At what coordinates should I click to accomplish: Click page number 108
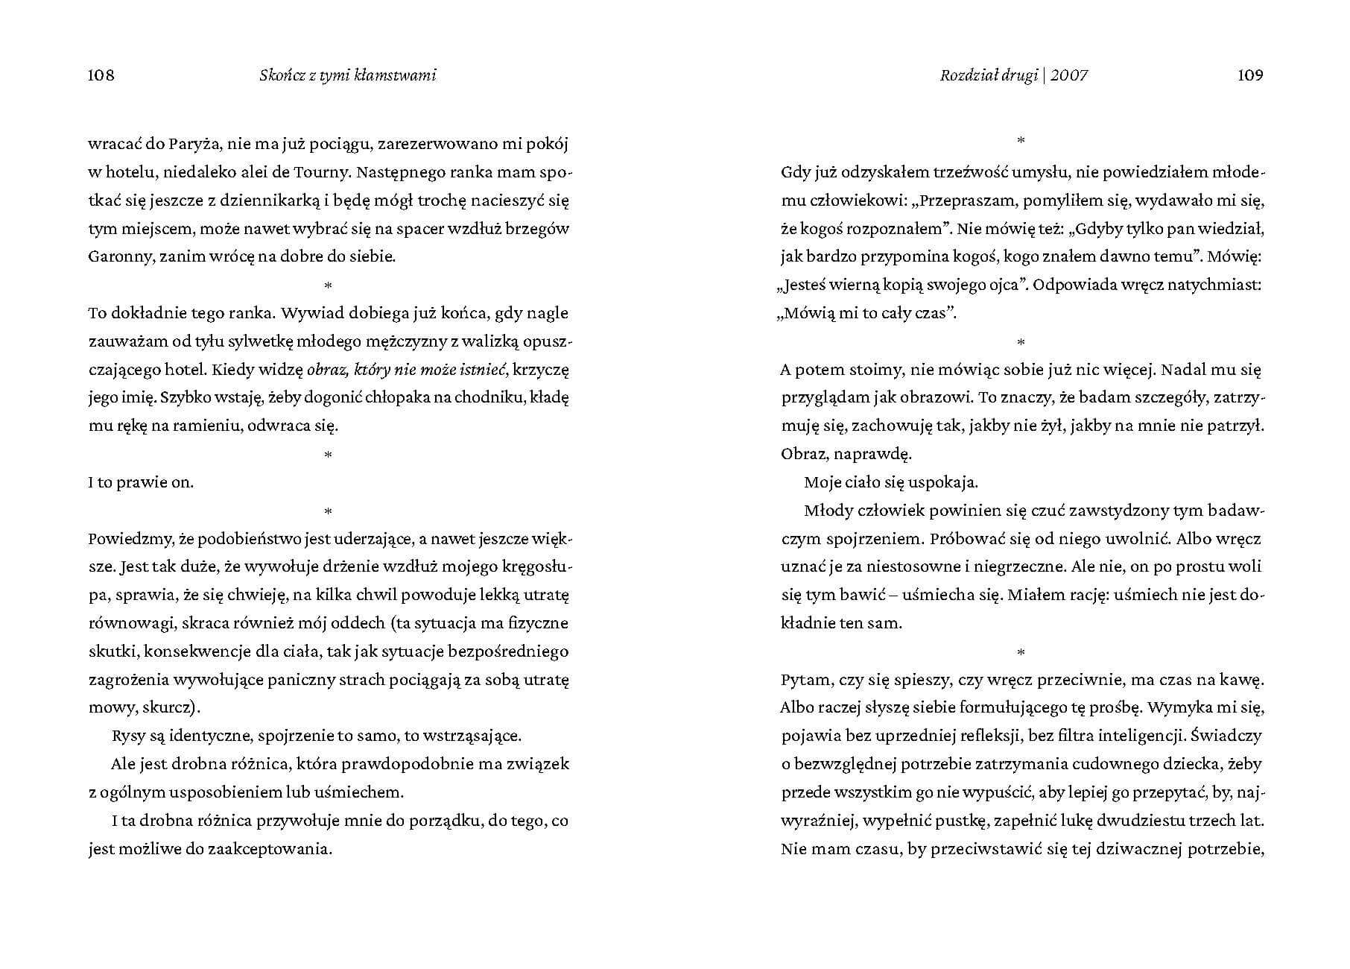[x=101, y=75]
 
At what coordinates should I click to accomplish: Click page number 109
[x=1250, y=75]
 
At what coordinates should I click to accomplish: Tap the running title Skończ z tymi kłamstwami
[x=348, y=75]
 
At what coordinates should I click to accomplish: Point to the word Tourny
[x=321, y=172]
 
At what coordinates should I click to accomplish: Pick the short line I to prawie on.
[x=141, y=482]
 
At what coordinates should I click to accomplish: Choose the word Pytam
[x=805, y=680]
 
